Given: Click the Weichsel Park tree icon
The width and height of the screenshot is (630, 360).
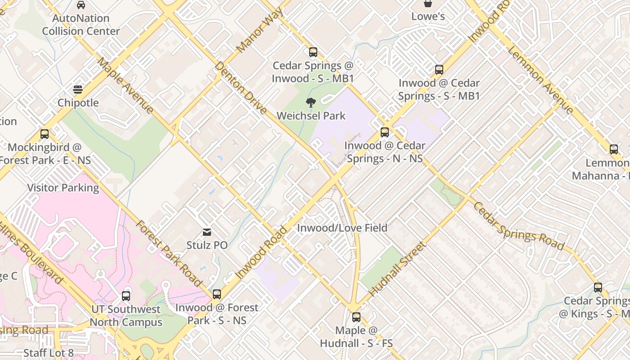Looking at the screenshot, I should (x=310, y=103).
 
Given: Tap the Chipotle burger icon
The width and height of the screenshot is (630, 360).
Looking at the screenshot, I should (x=78, y=90).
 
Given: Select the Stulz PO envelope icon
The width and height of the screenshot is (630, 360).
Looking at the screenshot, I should (x=207, y=232).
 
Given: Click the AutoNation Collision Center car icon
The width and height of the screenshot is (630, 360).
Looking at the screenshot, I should (x=81, y=5).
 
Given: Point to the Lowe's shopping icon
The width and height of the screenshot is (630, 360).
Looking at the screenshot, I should (x=428, y=4).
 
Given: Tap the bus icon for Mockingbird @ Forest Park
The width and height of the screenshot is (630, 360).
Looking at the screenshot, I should (x=44, y=134).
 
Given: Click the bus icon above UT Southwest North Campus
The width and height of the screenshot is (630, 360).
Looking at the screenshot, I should (x=126, y=296).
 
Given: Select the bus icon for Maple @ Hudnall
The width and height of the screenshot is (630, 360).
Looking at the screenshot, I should (x=356, y=317).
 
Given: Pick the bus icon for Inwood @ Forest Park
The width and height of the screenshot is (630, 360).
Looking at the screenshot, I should (x=217, y=294).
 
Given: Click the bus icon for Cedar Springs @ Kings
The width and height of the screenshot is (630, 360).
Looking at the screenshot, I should (x=598, y=288).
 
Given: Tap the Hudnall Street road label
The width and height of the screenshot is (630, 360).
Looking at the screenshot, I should (x=397, y=269).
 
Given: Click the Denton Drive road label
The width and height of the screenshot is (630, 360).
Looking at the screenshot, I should (x=240, y=88).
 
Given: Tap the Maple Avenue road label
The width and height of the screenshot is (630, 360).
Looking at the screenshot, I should (x=125, y=85).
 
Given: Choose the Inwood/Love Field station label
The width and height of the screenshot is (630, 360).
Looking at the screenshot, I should (x=342, y=228).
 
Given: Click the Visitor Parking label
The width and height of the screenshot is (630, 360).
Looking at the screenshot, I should (x=63, y=188).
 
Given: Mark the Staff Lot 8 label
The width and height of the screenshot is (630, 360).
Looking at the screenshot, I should (x=48, y=353).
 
